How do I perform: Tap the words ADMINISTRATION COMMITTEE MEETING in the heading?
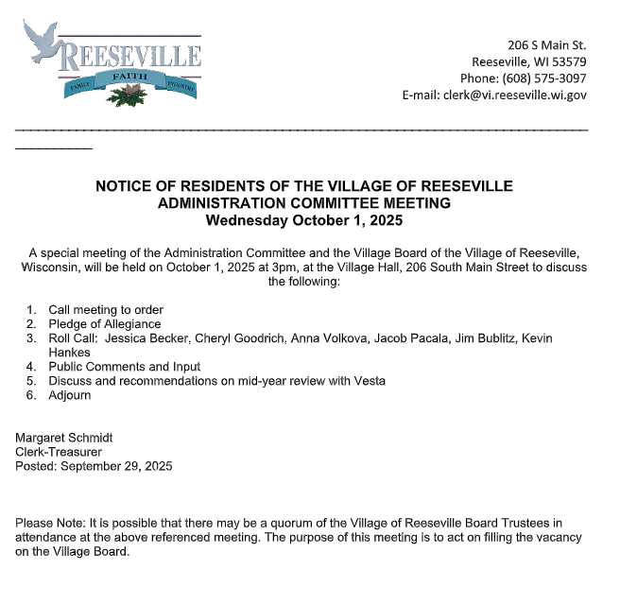[x=304, y=203]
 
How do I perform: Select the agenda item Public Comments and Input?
[x=124, y=367]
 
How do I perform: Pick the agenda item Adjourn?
[x=70, y=395]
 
